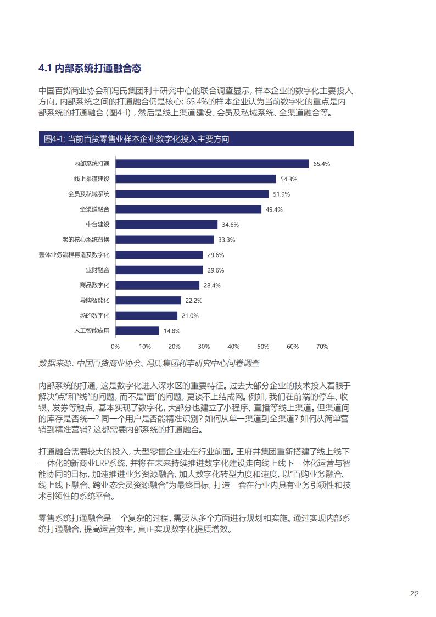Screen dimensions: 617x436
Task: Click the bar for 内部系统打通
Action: pyautogui.click(x=212, y=164)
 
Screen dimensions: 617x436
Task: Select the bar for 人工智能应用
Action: pyautogui.click(x=137, y=331)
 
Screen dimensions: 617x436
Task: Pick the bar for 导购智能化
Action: pyautogui.click(x=148, y=301)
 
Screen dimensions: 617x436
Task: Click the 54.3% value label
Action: pyautogui.click(x=288, y=179)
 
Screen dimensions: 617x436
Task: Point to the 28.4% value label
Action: pyautogui.click(x=211, y=285)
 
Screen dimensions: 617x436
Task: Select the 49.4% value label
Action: pyautogui.click(x=273, y=209)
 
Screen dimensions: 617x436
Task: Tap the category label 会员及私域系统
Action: pyautogui.click(x=88, y=194)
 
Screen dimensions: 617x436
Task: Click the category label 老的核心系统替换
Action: pyautogui.click(x=86, y=240)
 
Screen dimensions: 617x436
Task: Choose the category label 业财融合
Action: pyautogui.click(x=97, y=270)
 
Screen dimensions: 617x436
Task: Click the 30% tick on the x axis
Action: pyautogui.click(x=204, y=347)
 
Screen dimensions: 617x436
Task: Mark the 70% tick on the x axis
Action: pyautogui.click(x=322, y=347)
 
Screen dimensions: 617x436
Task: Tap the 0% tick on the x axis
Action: pyautogui.click(x=115, y=347)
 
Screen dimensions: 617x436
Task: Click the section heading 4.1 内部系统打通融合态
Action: pyautogui.click(x=90, y=69)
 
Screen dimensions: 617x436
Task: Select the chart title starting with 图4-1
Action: pyautogui.click(x=136, y=140)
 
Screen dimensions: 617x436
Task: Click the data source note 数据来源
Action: pyautogui.click(x=149, y=363)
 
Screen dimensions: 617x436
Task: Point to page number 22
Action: pyautogui.click(x=415, y=594)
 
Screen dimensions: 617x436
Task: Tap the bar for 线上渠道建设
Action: pyautogui.click(x=195, y=179)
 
